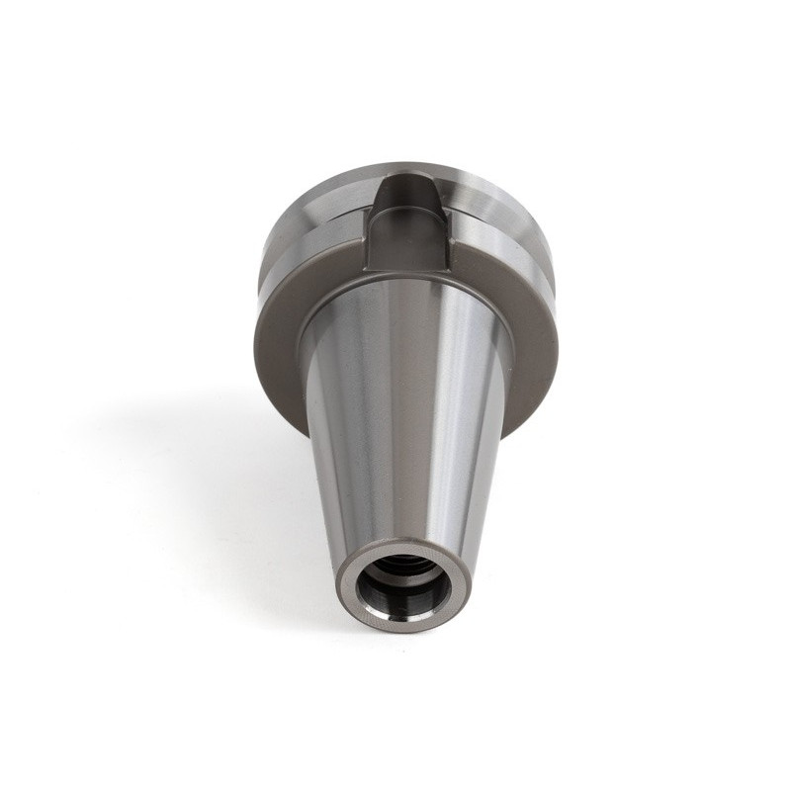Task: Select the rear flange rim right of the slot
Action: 484,188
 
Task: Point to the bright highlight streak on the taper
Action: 450,415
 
